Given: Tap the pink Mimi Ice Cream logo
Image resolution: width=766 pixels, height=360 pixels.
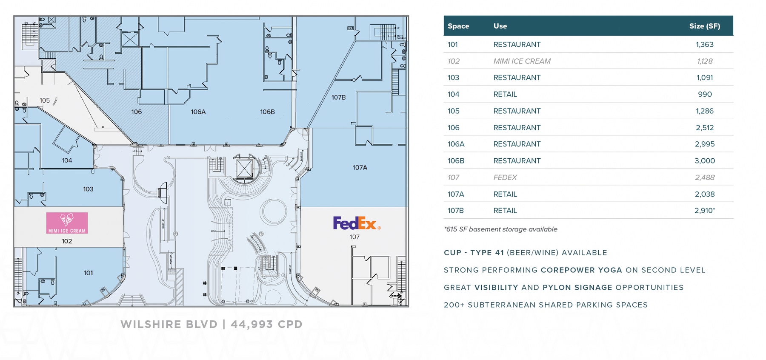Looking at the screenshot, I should (67, 223).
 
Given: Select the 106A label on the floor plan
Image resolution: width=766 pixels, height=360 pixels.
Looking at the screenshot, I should (198, 112).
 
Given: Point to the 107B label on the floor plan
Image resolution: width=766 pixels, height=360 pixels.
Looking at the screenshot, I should (338, 97).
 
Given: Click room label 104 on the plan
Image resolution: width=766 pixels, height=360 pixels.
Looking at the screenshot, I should (67, 160).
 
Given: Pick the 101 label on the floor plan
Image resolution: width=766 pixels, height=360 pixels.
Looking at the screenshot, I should (88, 273).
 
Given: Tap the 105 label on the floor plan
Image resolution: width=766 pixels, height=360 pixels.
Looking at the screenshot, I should (45, 100).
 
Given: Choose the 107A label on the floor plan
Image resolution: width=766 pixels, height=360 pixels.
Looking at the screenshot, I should (360, 168).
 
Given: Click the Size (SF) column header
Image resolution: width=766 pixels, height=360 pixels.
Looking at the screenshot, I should (704, 26).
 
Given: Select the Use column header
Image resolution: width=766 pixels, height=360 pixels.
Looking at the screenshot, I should (500, 26).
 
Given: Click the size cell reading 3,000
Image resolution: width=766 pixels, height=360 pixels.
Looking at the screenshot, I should (705, 161).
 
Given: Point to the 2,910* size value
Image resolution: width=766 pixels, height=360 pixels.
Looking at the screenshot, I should (705, 211).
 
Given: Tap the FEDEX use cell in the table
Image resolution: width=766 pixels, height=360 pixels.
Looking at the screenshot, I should (505, 177).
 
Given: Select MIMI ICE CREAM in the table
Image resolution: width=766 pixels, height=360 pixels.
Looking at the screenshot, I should (522, 61).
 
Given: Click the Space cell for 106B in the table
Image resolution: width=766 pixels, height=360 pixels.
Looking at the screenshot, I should (456, 161).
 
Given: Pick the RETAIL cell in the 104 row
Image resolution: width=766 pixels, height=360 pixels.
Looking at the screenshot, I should (505, 94).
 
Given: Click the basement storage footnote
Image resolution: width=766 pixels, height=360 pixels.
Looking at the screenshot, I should (500, 229).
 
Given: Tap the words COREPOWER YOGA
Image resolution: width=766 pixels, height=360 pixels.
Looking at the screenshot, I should (581, 270).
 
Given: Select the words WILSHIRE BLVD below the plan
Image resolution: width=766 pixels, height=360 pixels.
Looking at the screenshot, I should (169, 324).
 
